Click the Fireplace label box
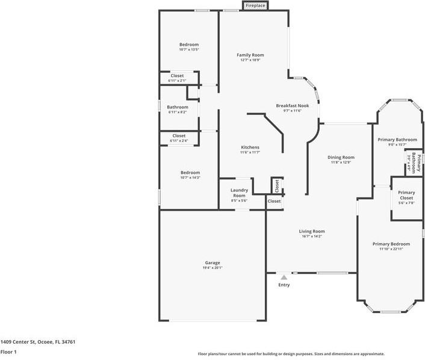point(255,5)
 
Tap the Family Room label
point(250,55)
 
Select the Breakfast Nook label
point(292,105)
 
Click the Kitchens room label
point(250,147)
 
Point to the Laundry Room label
point(239,193)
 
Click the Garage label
point(212,262)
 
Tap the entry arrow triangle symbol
point(284,277)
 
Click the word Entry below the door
point(284,285)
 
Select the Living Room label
point(312,231)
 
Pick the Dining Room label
point(341,157)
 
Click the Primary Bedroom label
point(391,244)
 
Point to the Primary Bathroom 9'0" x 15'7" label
point(397,140)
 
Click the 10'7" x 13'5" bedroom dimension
point(188,49)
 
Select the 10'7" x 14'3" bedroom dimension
point(188,178)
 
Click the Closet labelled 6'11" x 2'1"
point(177,76)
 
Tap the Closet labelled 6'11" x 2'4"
point(179,136)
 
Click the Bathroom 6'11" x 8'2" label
point(177,107)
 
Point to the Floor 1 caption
point(8,352)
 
